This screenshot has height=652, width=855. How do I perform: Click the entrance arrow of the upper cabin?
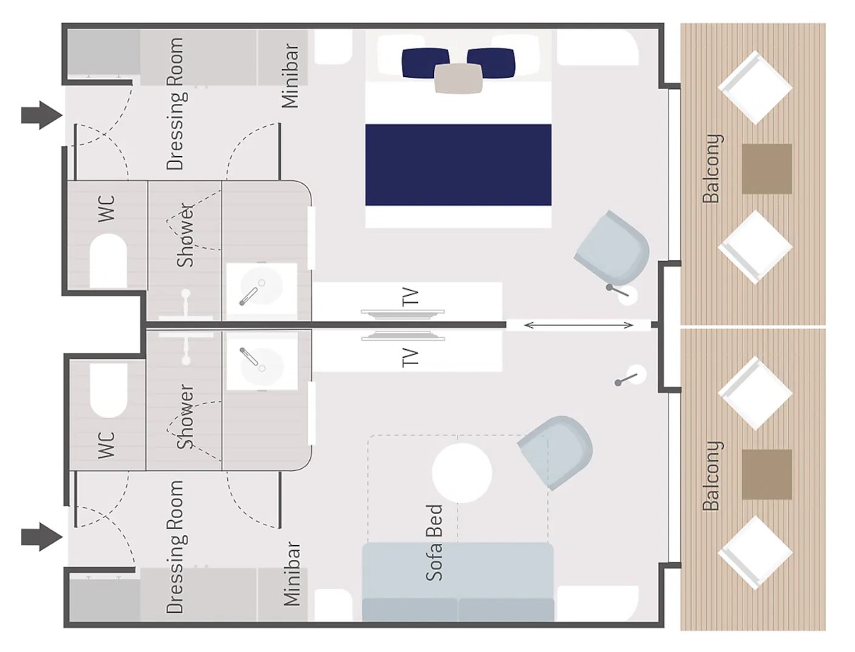[x=41, y=115]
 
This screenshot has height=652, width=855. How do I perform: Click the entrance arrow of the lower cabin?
[x=41, y=537]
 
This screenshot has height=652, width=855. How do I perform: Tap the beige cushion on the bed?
[x=458, y=78]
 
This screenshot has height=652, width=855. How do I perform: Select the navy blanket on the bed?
[x=458, y=165]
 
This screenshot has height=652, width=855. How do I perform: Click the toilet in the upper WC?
[x=108, y=261]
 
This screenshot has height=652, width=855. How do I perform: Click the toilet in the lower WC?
[x=108, y=390]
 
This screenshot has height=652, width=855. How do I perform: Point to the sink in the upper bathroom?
[x=261, y=289]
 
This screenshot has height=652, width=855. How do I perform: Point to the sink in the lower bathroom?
[x=261, y=365]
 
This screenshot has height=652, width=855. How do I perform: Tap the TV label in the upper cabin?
[x=410, y=296]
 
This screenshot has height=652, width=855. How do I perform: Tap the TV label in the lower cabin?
[x=410, y=358]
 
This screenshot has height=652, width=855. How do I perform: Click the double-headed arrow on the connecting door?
[x=579, y=325]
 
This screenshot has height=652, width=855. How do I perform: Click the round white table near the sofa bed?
[x=462, y=473]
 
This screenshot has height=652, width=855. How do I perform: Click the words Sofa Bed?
[x=435, y=543]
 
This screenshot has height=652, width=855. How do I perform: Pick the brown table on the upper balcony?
[x=767, y=169]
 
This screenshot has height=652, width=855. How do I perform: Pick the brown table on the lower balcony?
[x=767, y=475]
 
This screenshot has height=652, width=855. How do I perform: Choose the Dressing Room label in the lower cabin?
[x=175, y=547]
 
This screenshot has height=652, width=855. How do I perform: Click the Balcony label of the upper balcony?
[x=711, y=169]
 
